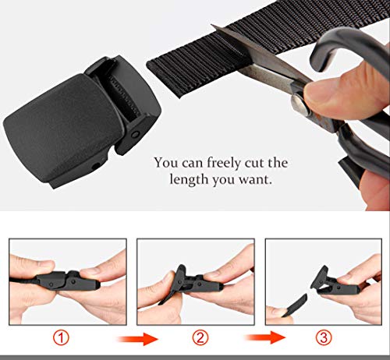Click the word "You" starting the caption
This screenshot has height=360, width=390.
(166, 163)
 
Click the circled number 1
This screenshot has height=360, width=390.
(61, 338)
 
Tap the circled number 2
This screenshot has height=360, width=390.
(200, 337)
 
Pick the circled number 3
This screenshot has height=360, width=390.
(324, 337)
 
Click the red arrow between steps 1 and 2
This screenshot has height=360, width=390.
(137, 339)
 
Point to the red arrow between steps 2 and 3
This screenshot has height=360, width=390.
(265, 337)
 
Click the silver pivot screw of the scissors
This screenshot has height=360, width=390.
(300, 104)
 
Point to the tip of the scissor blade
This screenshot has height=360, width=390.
(211, 25)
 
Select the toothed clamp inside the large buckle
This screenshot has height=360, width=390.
(124, 95)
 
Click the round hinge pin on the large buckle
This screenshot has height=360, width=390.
(135, 135)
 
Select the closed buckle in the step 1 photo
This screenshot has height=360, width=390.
(68, 281)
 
